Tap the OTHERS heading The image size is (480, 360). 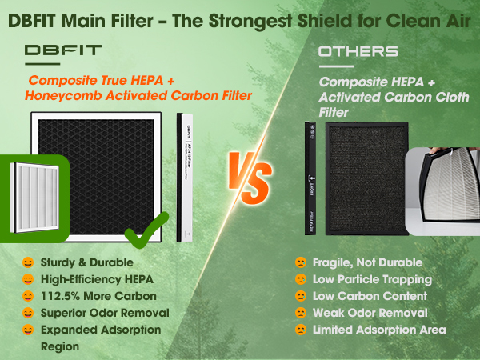click(358, 51)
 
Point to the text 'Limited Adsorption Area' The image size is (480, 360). click(379, 330)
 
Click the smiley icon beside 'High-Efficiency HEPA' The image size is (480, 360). click(28, 279)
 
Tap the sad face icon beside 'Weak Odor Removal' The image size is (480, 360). click(301, 313)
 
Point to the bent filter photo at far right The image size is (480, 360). click(442, 180)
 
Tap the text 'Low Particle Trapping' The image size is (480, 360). click(373, 279)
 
